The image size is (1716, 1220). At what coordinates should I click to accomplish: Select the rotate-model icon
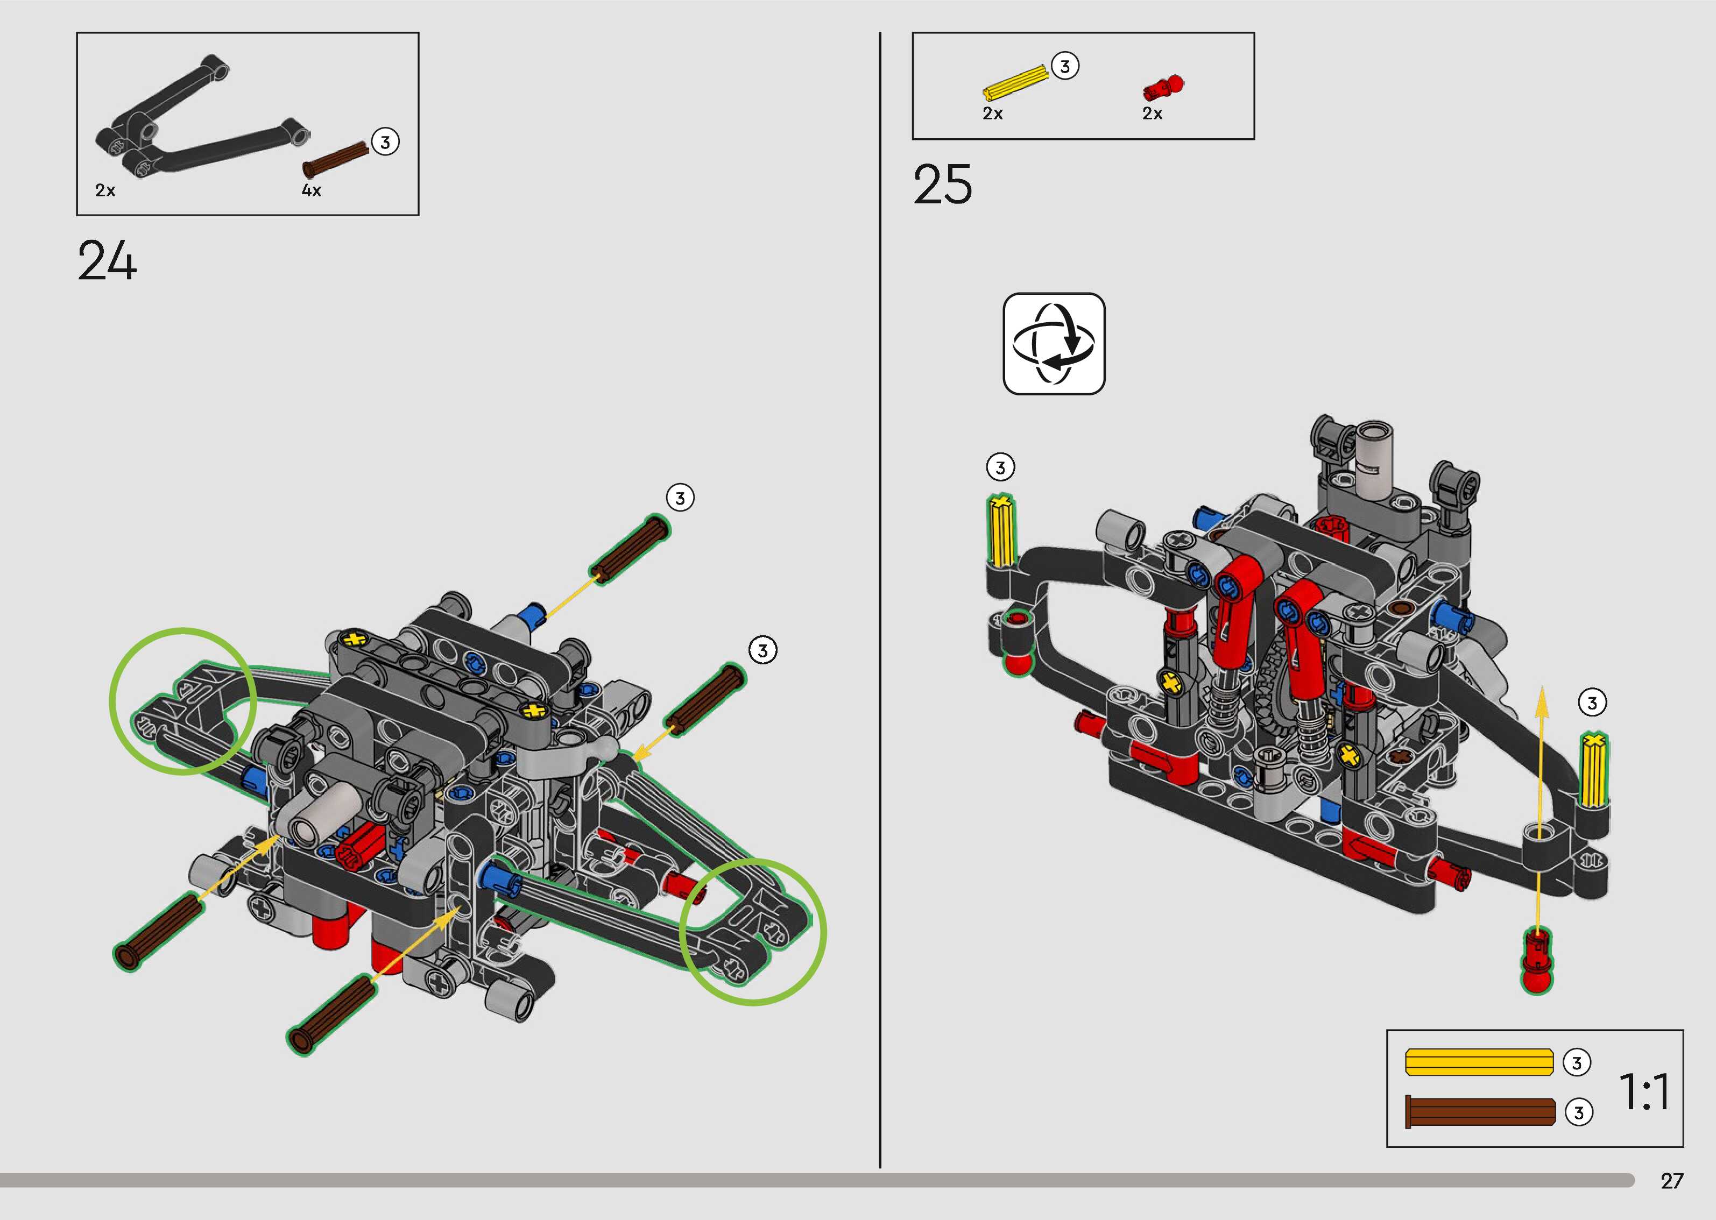1054,344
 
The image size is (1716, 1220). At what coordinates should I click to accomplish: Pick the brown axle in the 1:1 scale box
1479,1112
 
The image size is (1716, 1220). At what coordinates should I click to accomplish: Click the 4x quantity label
311,191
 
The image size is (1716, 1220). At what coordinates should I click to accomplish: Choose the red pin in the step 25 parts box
1162,88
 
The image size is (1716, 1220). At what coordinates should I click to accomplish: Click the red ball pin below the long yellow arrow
1536,963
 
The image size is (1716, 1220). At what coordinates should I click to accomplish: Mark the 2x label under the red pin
1152,114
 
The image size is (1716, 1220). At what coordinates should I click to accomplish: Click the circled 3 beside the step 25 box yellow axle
1064,66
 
